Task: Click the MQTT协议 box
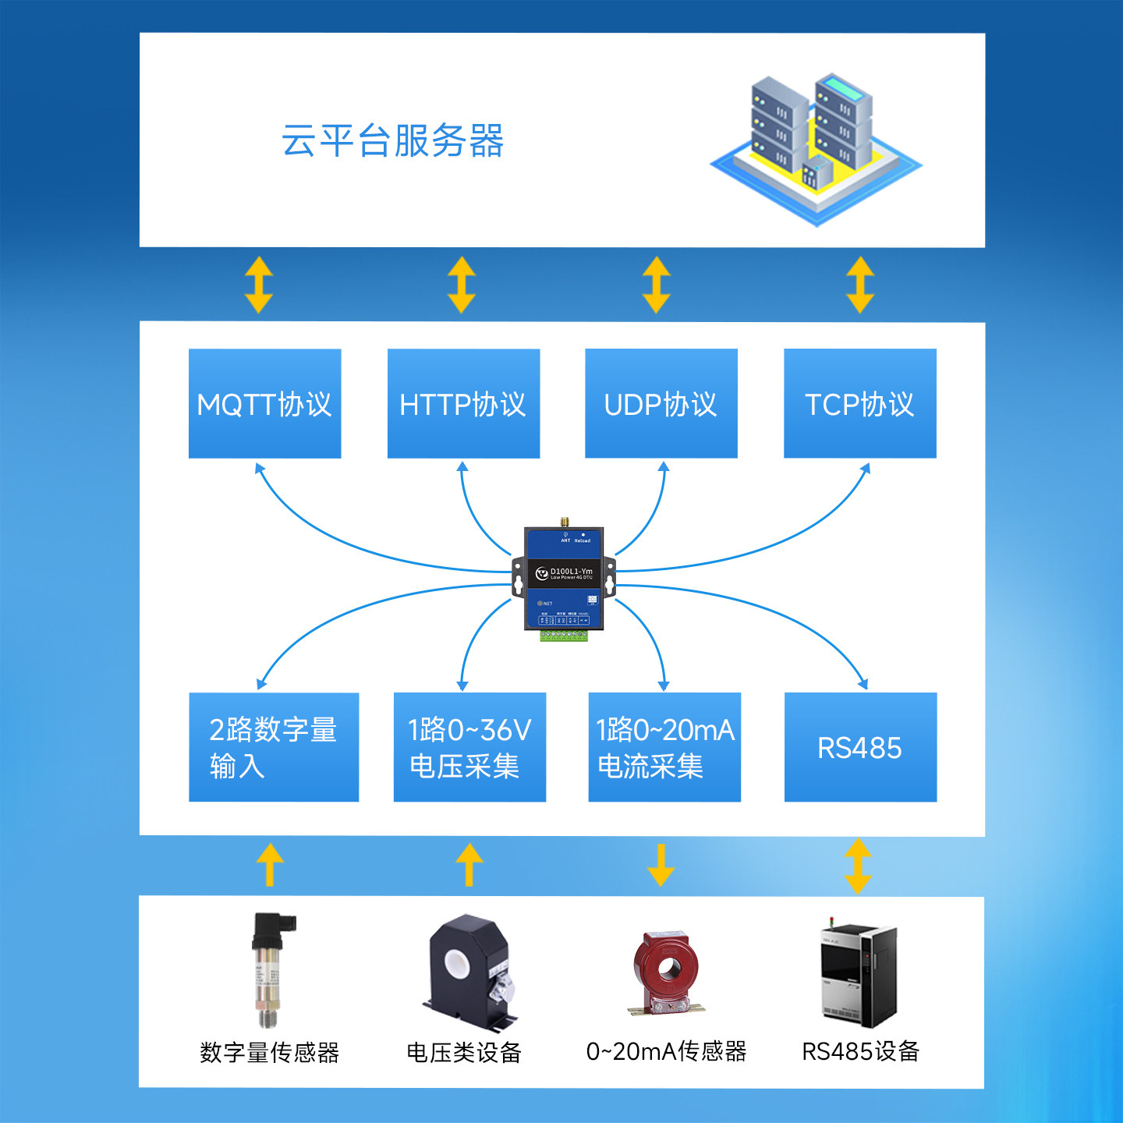click(264, 403)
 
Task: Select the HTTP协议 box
click(463, 403)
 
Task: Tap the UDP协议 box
click(661, 403)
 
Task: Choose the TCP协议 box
click(859, 403)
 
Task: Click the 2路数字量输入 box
click(274, 747)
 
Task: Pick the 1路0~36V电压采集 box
click(469, 747)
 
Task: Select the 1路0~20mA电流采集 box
click(664, 747)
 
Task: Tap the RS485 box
click(860, 747)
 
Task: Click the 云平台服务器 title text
click(392, 141)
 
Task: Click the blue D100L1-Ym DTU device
click(564, 577)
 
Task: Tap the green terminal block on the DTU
click(564, 636)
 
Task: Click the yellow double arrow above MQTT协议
click(259, 285)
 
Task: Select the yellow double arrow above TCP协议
click(860, 285)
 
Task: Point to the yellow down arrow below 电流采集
click(661, 864)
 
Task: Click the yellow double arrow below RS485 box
click(858, 866)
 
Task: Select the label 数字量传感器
click(270, 1053)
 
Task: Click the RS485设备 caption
click(860, 1051)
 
